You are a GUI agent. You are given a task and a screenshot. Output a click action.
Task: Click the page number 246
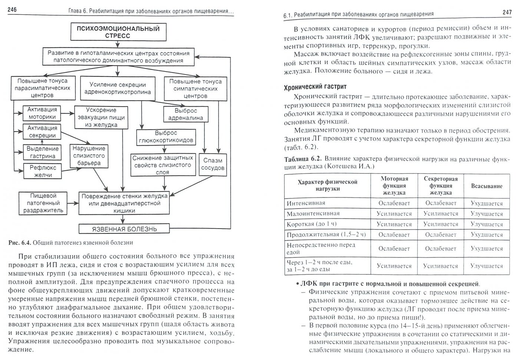pyautogui.click(x=12, y=10)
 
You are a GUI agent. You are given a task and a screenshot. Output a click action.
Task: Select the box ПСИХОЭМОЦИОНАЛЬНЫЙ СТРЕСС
pyautogui.click(x=118, y=32)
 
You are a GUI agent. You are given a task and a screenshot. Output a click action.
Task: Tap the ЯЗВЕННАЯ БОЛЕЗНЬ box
pyautogui.click(x=124, y=229)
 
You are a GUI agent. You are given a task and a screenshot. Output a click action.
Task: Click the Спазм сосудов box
pyautogui.click(x=213, y=164)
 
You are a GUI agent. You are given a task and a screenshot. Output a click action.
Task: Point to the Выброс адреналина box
pyautogui.click(x=186, y=114)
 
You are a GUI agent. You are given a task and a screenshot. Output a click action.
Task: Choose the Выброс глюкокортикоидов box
pyautogui.click(x=166, y=136)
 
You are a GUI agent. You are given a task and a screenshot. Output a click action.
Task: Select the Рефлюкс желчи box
pyautogui.click(x=43, y=171)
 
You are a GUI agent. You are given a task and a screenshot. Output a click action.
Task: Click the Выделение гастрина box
pyautogui.click(x=43, y=152)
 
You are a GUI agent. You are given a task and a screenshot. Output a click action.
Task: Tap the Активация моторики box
pyautogui.click(x=43, y=113)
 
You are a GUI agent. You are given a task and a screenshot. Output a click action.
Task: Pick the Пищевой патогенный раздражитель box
pyautogui.click(x=43, y=203)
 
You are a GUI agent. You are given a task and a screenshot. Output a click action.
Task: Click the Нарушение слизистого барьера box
pyautogui.click(x=89, y=156)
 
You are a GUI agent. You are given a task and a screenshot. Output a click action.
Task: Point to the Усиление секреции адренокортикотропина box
pyautogui.click(x=117, y=88)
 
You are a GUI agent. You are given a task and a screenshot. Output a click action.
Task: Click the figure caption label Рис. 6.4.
pyautogui.click(x=19, y=243)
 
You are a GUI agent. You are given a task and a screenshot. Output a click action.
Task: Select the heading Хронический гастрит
pyautogui.click(x=315, y=87)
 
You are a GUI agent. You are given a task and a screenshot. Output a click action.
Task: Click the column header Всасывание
pyautogui.click(x=486, y=186)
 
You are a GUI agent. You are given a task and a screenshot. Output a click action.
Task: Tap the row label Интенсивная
pyautogui.click(x=306, y=203)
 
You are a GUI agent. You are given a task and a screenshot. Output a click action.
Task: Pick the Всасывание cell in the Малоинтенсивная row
pyautogui.click(x=486, y=214)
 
